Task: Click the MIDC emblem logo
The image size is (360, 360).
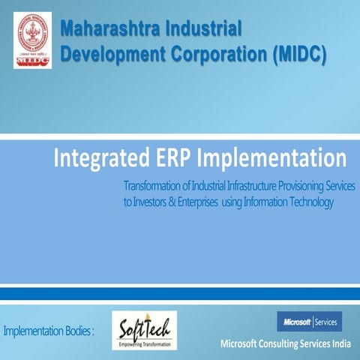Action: pos(32,40)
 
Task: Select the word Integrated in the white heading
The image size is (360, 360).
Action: pos(98,159)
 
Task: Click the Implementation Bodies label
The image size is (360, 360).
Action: pos(49,331)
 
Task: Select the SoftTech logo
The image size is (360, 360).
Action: pos(144,330)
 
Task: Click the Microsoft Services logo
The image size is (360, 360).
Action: pos(308,322)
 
